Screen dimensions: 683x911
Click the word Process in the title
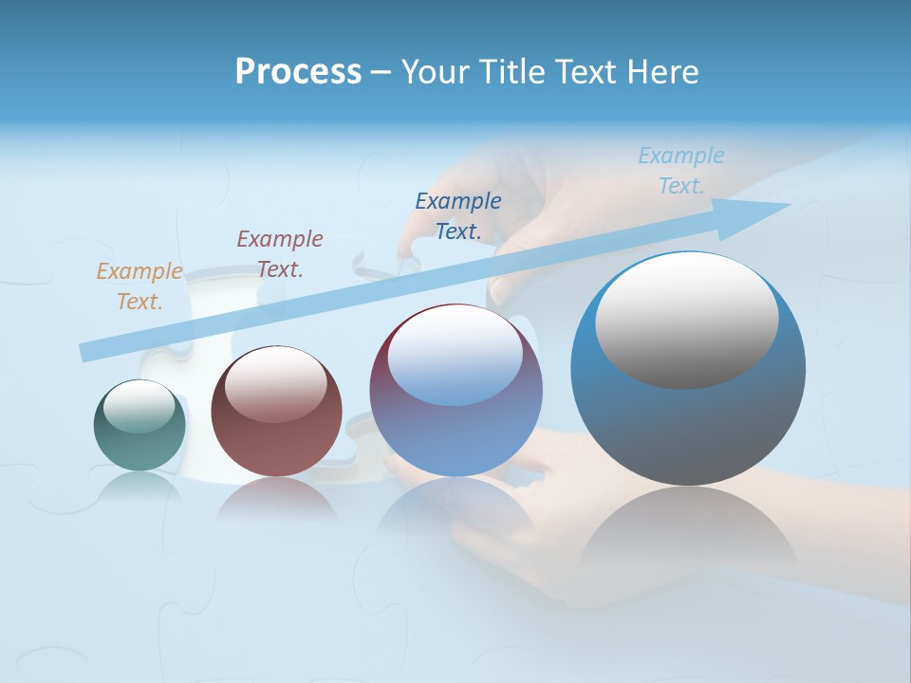[x=298, y=72]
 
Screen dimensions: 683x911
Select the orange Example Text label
[x=139, y=286]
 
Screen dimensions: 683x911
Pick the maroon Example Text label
[x=280, y=254]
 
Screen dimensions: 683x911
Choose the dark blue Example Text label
[x=458, y=216]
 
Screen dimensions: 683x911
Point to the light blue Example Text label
[x=681, y=171]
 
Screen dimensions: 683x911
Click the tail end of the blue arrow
[x=85, y=353]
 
